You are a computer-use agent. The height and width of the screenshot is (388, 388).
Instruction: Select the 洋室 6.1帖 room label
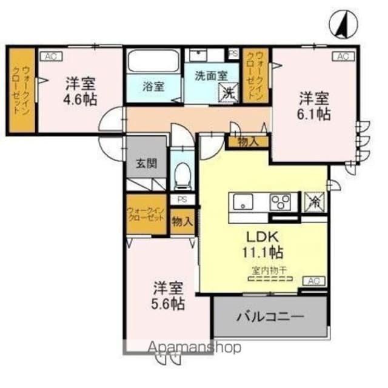(x=314, y=105)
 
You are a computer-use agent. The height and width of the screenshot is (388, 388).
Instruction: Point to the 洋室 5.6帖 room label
(x=168, y=295)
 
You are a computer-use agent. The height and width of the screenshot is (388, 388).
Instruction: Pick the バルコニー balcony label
(x=270, y=316)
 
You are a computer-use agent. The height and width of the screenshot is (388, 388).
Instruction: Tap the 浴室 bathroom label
(x=153, y=87)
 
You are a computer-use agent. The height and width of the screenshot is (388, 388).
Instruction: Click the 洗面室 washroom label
(x=211, y=77)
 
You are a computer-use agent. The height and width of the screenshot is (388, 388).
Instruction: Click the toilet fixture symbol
(x=182, y=176)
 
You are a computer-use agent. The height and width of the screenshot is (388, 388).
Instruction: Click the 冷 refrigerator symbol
(x=314, y=201)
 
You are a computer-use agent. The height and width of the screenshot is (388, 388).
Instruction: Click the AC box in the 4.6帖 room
(x=50, y=56)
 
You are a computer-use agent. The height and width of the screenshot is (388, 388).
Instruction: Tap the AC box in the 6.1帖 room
(x=343, y=56)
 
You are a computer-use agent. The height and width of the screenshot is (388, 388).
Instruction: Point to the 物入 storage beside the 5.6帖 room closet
(x=182, y=222)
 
